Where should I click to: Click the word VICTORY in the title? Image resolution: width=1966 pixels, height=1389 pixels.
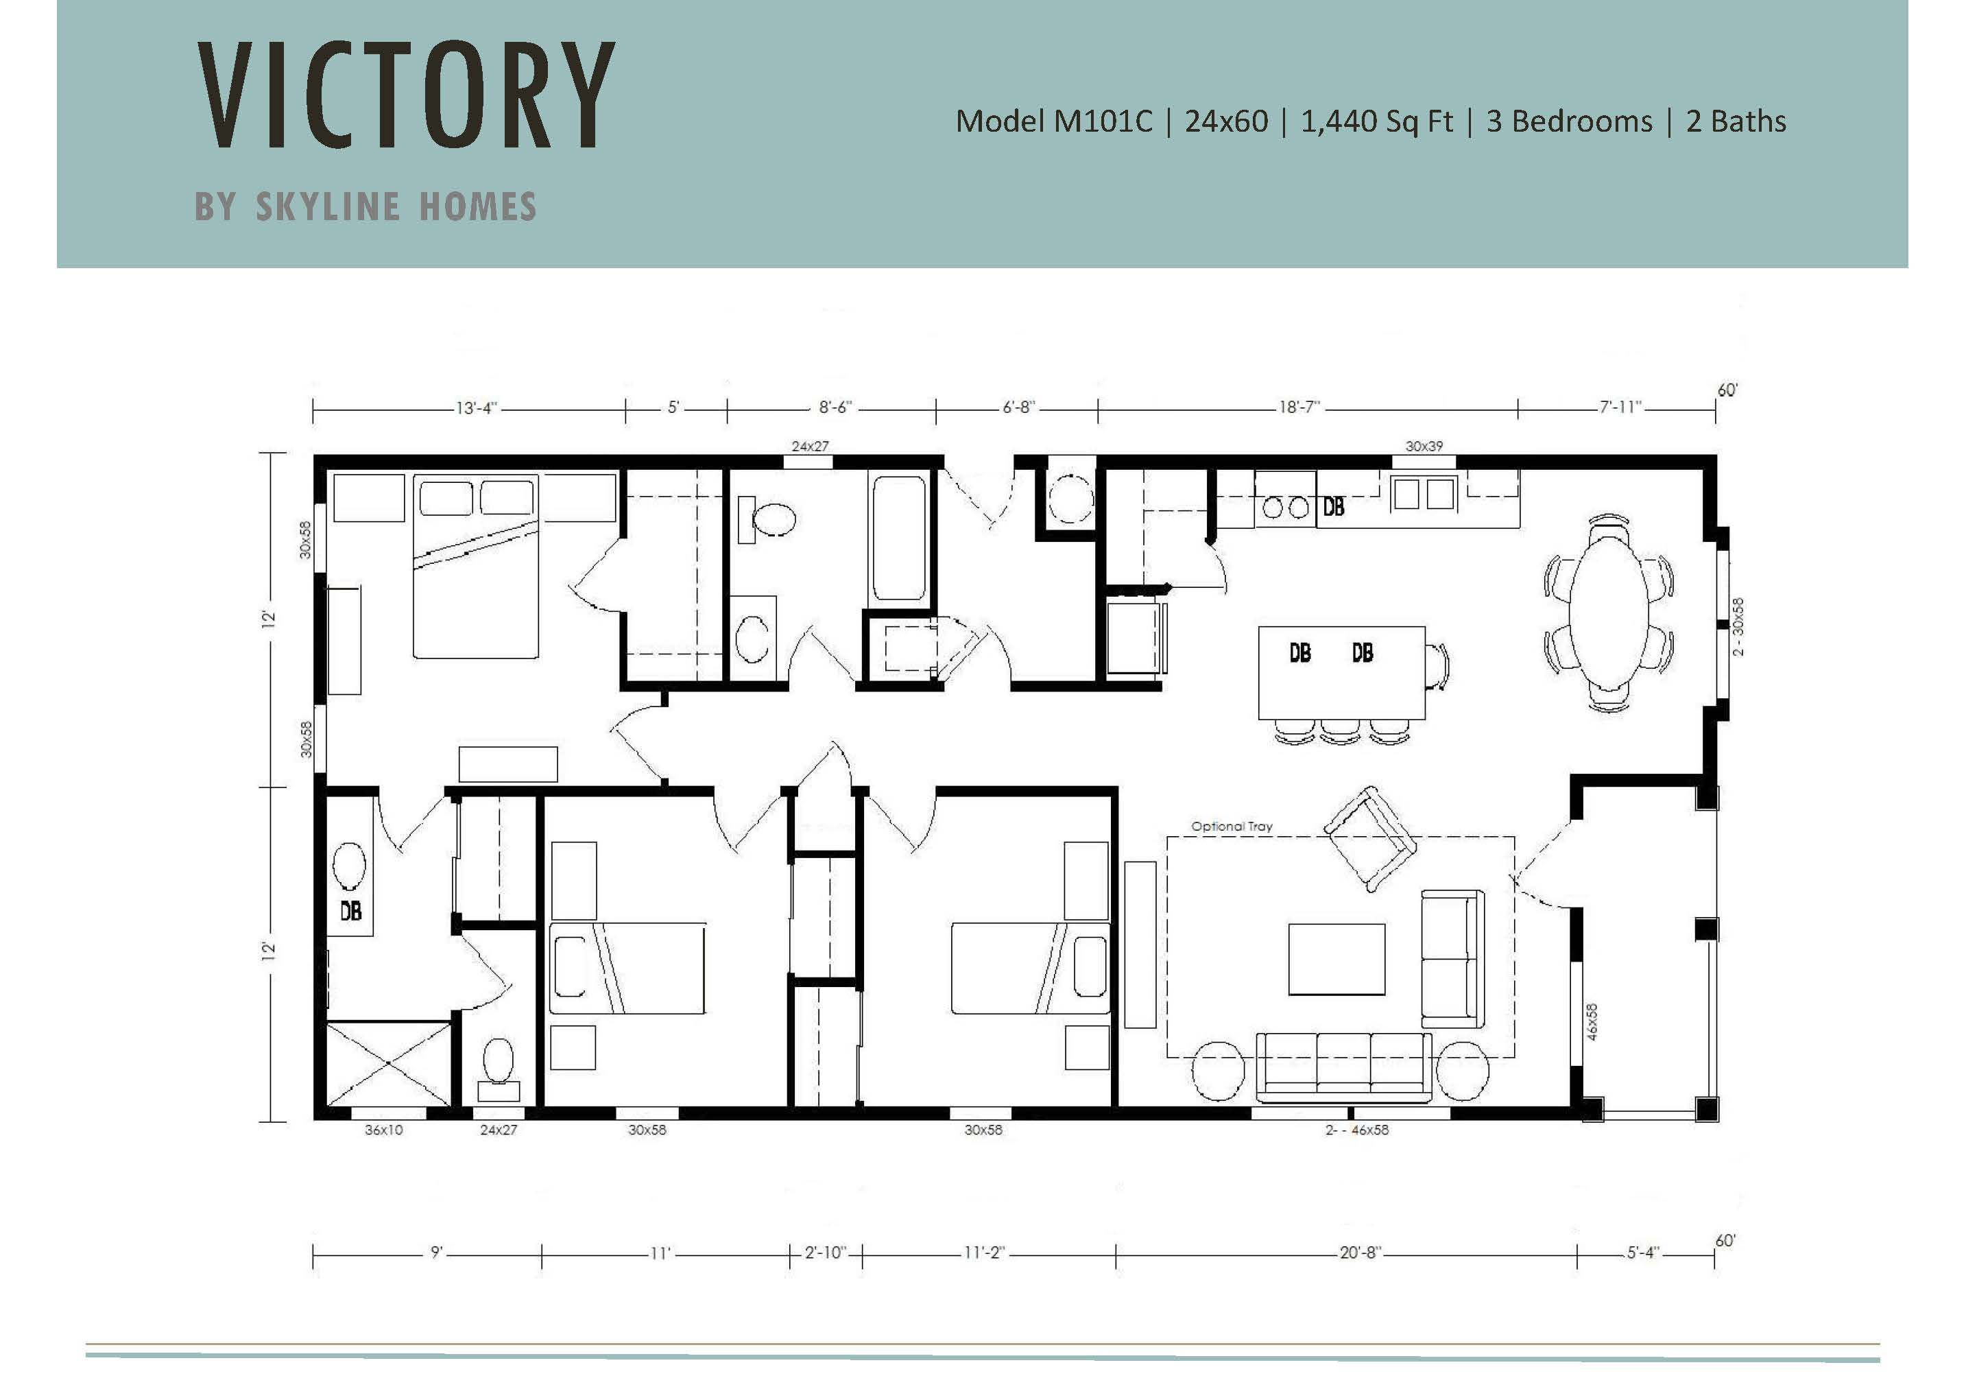pos(406,94)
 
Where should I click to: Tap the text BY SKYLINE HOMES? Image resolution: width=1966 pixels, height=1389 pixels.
pos(365,206)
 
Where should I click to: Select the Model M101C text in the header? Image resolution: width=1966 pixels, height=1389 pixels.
pos(1054,121)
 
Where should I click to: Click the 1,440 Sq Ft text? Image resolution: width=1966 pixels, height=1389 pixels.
pos(1377,121)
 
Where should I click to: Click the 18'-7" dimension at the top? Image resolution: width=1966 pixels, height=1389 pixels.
pos(1300,407)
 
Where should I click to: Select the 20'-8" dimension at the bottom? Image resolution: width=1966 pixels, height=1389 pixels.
pos(1360,1252)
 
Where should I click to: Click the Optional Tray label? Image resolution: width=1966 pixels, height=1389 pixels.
pos(1232,827)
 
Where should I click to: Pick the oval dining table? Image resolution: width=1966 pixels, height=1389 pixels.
pos(1609,613)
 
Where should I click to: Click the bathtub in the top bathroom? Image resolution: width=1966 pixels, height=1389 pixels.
pos(899,538)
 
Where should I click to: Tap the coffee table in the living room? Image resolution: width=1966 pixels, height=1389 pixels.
pos(1336,959)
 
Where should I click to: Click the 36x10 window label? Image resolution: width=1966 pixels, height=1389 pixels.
pos(383,1130)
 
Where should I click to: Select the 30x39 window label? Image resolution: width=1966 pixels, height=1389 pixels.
pos(1424,446)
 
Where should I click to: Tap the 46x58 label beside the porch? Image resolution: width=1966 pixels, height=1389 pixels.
pos(1592,1021)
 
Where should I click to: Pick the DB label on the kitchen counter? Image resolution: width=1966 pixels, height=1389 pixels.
pos(1333,507)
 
